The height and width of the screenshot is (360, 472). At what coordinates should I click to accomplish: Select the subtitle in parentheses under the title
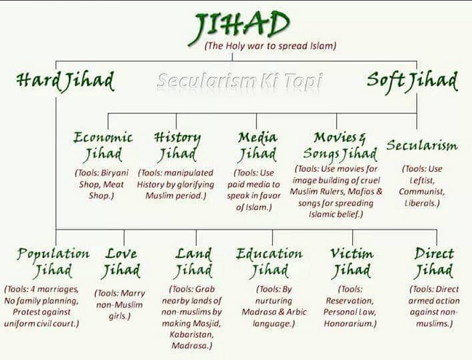[270, 46]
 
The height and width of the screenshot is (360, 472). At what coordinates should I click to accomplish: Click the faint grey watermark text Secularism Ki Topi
[240, 81]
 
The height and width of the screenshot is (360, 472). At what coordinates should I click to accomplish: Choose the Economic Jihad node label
[103, 146]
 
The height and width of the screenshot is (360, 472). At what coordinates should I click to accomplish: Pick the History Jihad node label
[177, 146]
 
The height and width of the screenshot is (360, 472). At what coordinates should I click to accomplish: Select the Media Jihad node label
[258, 146]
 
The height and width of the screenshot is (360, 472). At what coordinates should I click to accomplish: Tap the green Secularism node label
[422, 145]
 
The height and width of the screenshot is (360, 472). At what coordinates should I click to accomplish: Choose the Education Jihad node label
[269, 262]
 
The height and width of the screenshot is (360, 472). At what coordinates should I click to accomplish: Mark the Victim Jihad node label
[351, 262]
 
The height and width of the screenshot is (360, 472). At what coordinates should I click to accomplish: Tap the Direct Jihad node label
[434, 262]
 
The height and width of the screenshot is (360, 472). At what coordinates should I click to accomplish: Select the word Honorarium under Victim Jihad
[350, 323]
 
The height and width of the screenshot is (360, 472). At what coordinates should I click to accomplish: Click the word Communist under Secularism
[422, 192]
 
